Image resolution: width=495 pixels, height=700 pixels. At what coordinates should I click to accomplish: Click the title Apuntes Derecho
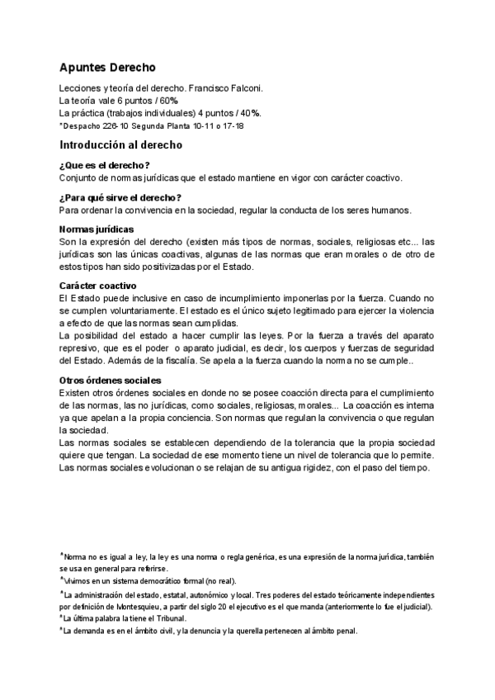click(107, 68)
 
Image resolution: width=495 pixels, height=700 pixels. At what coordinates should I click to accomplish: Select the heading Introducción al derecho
click(120, 144)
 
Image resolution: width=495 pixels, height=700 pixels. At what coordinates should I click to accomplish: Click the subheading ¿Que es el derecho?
click(104, 165)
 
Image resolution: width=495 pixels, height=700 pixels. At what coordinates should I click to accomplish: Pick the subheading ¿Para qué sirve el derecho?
click(120, 196)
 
